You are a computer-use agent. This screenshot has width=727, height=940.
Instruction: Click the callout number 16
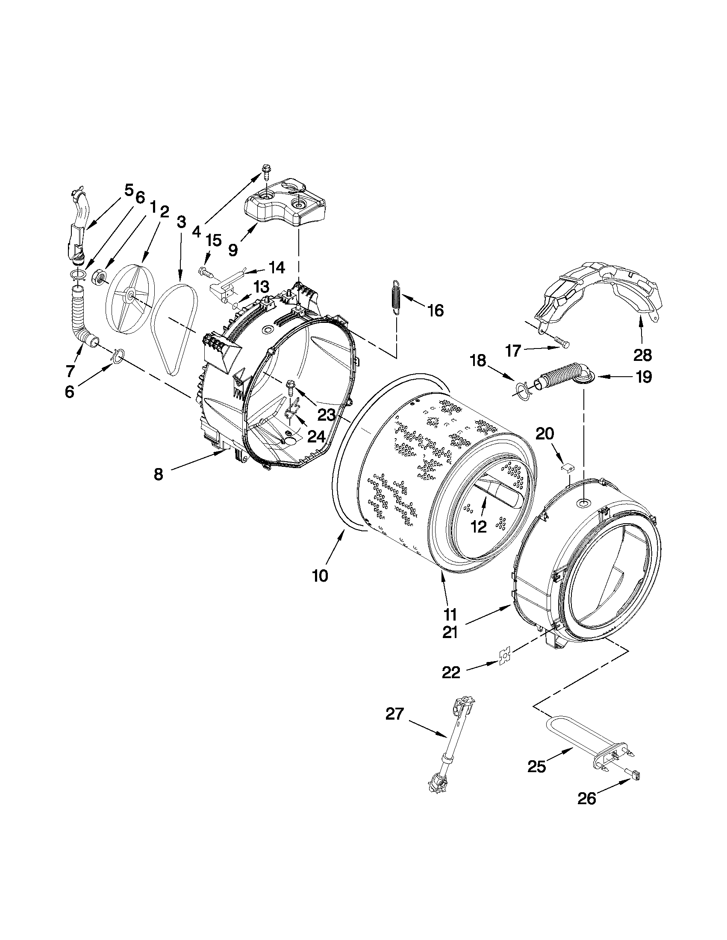click(436, 310)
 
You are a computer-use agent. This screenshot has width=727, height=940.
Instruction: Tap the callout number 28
click(642, 355)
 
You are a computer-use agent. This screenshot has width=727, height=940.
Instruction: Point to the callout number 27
click(394, 715)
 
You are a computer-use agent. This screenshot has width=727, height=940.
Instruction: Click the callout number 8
click(159, 474)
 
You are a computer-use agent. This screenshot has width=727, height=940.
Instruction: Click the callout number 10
click(320, 575)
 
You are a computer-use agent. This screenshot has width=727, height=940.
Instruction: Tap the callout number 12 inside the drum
click(479, 526)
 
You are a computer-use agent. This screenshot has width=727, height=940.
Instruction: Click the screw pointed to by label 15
click(205, 272)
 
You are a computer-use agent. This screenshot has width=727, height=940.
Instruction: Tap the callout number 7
click(70, 370)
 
